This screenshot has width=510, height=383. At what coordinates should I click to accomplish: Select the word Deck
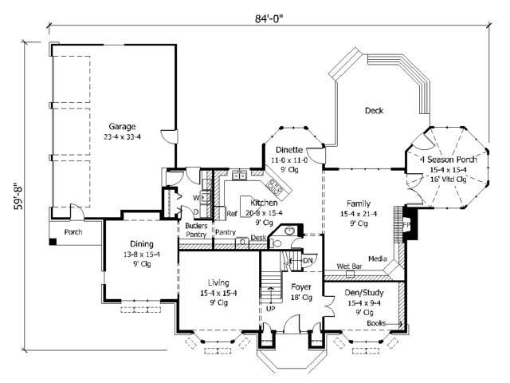coord(375,111)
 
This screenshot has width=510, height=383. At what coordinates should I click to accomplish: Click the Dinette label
coord(288,149)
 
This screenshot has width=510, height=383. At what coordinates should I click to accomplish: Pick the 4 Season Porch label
coord(448,160)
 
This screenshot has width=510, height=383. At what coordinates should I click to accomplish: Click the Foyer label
coord(301,286)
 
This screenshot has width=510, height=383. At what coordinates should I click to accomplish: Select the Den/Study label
coord(363,293)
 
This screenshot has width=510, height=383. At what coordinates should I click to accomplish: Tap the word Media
coord(378,259)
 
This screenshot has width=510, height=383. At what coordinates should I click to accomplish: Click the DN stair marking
coord(308,260)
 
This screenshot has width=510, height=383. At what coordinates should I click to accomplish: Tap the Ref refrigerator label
coord(232,214)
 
